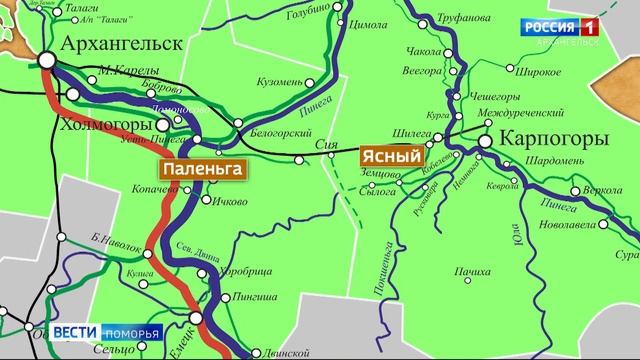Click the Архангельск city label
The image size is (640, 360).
click(122, 43)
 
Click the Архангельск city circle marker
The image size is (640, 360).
click(47, 61)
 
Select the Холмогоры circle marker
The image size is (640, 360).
click(163, 125)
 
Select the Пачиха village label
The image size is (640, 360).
click(470, 271)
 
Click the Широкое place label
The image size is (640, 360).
click(532, 72)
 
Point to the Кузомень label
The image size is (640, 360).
click(279, 81)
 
